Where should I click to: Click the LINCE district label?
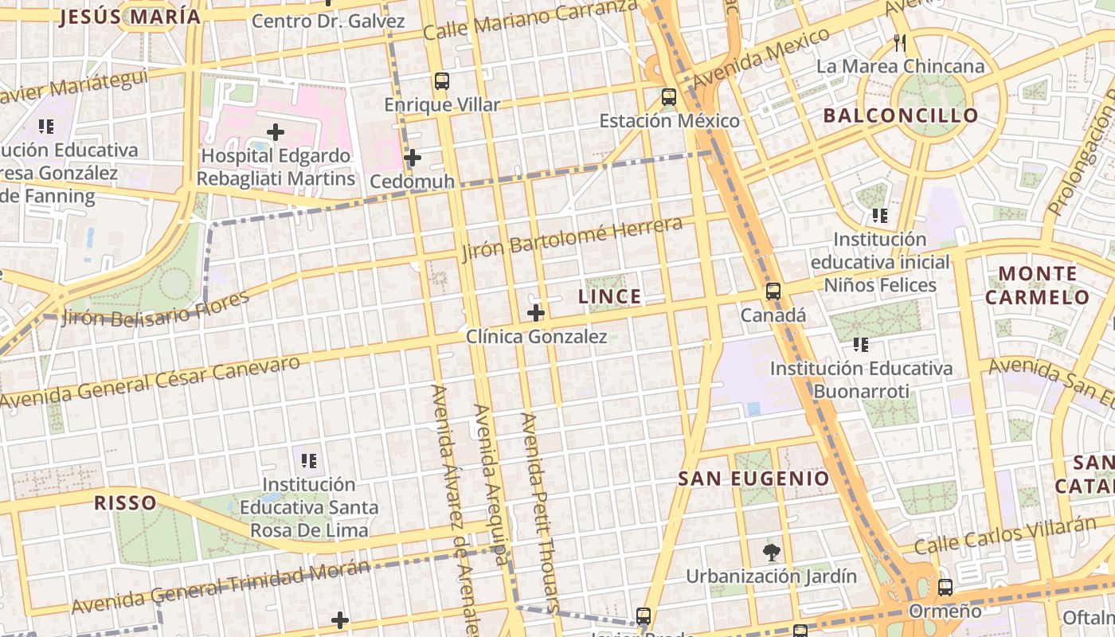pos(609,297)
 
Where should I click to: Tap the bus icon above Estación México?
pos(669,97)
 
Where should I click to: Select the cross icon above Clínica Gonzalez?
pos(536,313)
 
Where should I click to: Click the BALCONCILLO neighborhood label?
pos(901,115)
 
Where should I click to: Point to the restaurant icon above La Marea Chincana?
pos(900,43)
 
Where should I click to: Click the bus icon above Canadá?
pos(773,291)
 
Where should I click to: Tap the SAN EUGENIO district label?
pos(753,479)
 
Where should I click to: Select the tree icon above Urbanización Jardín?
pos(771,552)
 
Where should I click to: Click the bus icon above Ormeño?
pos(945,588)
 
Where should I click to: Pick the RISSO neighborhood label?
pos(125,502)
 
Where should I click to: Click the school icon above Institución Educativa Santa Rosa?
pos(310,460)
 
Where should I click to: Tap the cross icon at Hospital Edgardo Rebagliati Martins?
pos(276,131)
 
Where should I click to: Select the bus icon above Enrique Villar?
pos(442,81)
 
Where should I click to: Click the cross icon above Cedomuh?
pos(412,158)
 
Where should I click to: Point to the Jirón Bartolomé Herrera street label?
pos(572,238)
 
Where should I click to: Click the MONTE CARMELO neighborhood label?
pos(1037,286)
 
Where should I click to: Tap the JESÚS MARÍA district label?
pos(130,17)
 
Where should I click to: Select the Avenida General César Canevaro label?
pos(151,382)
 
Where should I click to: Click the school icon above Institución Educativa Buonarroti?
pos(861,345)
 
